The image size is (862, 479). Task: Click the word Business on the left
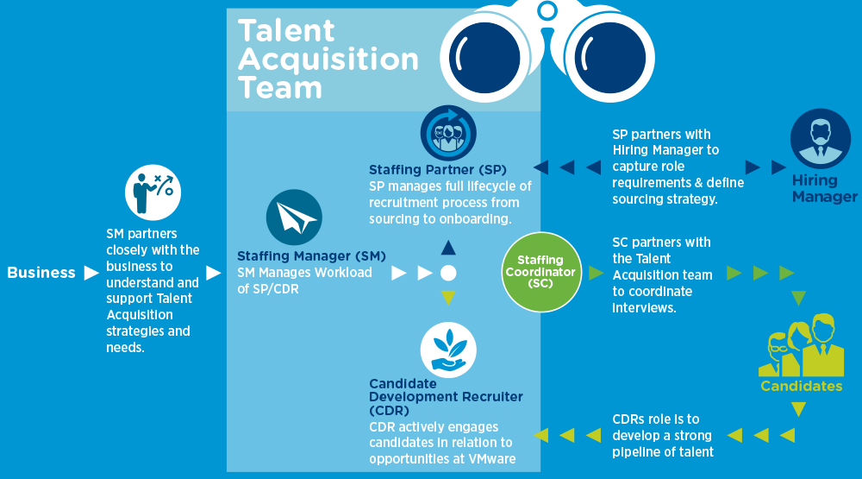tap(41, 273)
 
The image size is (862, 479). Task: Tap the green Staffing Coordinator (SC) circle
tap(540, 271)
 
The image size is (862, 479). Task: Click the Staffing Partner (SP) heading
tap(438, 168)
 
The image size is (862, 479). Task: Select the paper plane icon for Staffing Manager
tap(294, 218)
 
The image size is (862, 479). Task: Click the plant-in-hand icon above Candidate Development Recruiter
tap(448, 348)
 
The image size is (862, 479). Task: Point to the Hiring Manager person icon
tap(821, 138)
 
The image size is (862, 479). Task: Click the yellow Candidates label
tap(801, 386)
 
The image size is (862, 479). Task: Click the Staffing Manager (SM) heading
tap(311, 255)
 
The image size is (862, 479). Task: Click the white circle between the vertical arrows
tap(448, 274)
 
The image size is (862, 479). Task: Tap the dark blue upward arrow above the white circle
tap(448, 249)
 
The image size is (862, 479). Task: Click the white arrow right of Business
tap(91, 273)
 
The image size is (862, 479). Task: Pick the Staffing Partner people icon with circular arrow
tap(448, 133)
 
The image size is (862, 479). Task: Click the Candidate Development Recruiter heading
tap(446, 396)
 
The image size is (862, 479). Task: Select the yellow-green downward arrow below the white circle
tap(448, 299)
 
